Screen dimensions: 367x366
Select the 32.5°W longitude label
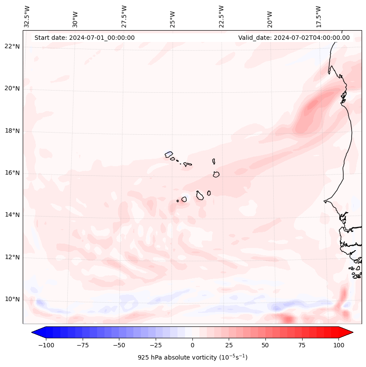pos(27,16)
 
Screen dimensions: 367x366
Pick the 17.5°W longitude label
pos(318,16)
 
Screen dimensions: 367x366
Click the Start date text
pos(84,38)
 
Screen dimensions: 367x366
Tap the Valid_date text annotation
pos(294,38)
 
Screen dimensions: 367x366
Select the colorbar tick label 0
pos(192,345)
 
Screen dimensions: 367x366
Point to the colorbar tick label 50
pos(265,345)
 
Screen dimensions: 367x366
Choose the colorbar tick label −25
pos(156,345)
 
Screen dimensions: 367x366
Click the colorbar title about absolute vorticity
pos(192,357)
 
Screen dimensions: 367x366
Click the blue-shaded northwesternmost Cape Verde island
pos(169,154)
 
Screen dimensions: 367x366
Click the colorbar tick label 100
pos(338,345)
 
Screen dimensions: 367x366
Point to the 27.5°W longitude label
pos(124,16)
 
